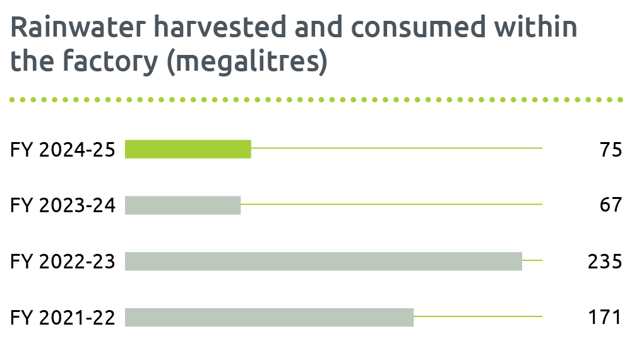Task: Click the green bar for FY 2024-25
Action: click(x=188, y=149)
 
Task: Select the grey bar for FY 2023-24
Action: click(x=183, y=205)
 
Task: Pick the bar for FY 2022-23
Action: click(x=323, y=261)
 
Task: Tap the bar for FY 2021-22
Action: click(x=269, y=317)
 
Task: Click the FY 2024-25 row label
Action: click(x=63, y=150)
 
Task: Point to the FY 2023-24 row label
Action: click(x=63, y=205)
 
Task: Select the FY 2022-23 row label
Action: click(x=63, y=261)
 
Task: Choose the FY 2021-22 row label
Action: click(x=63, y=317)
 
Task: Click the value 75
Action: click(x=611, y=150)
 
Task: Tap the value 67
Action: click(x=611, y=205)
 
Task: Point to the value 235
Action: click(x=605, y=261)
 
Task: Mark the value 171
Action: click(x=605, y=317)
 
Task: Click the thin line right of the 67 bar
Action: click(x=391, y=205)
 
